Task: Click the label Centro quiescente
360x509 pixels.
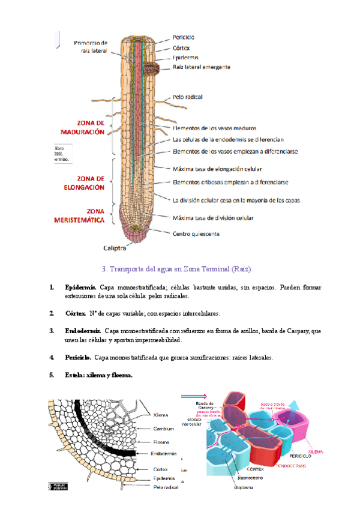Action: (x=196, y=233)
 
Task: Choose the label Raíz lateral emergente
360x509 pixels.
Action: (x=201, y=67)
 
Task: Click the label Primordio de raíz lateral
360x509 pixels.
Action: (x=91, y=47)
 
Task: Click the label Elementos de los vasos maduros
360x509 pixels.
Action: (x=214, y=128)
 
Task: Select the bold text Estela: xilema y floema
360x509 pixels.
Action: (x=98, y=376)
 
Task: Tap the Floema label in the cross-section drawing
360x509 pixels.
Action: (x=161, y=442)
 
